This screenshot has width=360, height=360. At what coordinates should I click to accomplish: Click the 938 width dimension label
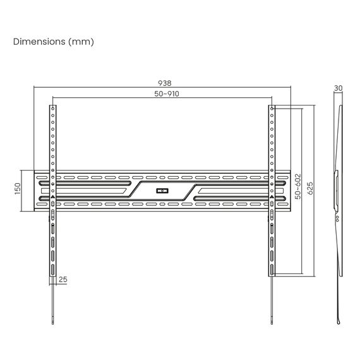pos(165,83)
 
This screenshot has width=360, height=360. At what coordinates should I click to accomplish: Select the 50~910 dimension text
pos(167,93)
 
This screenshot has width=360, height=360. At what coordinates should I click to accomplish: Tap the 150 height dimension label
pos(18,189)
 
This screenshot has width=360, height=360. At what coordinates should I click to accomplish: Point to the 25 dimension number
pos(63,279)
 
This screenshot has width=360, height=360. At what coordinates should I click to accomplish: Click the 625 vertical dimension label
pos(310,188)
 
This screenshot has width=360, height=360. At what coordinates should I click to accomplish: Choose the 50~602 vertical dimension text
pos(297,186)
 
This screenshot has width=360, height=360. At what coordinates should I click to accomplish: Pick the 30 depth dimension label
pos(338,88)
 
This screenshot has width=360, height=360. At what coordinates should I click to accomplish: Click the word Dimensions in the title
pos(39,42)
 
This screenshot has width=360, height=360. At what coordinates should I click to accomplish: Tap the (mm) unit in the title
pos(81,42)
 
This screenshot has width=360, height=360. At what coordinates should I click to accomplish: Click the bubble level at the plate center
pos(162,191)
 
